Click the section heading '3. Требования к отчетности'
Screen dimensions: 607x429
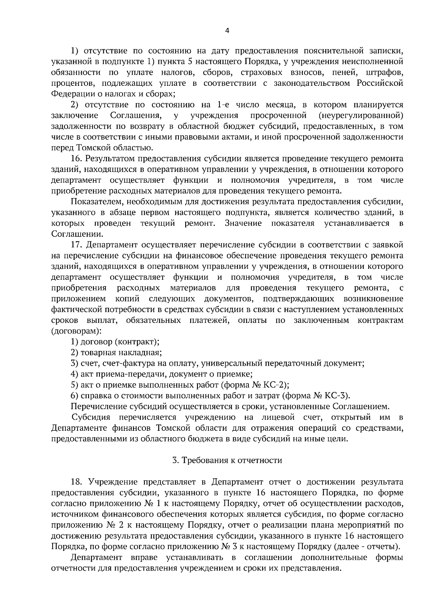[x=227, y=460]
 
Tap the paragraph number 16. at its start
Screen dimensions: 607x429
[x=77, y=159]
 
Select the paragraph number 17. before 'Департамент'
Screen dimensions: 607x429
[x=77, y=245]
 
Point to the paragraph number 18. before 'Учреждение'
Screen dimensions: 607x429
[x=77, y=482]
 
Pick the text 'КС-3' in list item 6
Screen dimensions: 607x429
[x=337, y=396]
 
